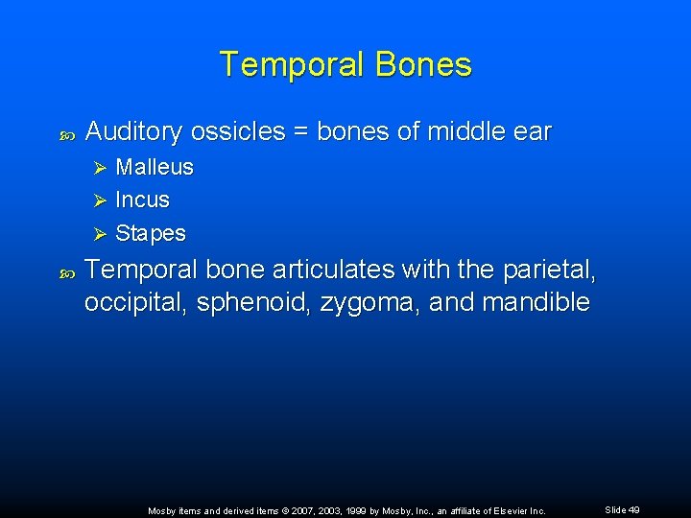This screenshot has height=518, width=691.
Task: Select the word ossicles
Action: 237,131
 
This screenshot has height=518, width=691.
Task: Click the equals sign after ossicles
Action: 300,132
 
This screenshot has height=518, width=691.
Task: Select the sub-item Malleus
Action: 154,167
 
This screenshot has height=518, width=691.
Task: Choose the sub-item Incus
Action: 142,200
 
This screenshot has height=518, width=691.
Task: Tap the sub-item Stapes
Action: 151,234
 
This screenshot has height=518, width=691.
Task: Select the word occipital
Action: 134,303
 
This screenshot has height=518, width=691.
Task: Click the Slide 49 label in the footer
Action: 623,510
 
